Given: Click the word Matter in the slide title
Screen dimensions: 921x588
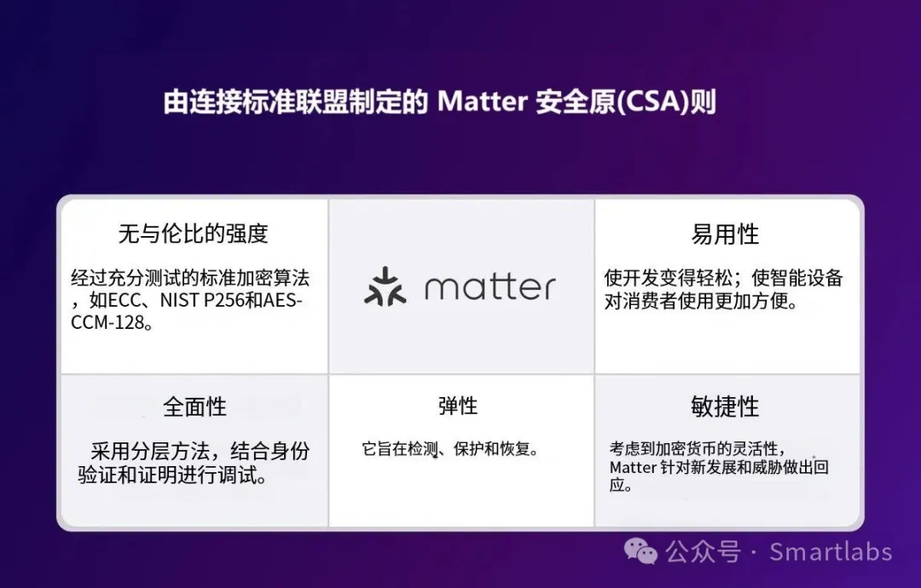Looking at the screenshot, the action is coord(482,101).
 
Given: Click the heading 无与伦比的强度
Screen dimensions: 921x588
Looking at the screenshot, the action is coord(194,233).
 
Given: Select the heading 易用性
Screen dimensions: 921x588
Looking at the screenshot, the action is coord(726,234).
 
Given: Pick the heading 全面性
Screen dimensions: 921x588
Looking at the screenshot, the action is coord(194,406).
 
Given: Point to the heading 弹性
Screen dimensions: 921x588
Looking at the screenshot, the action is coord(458,406).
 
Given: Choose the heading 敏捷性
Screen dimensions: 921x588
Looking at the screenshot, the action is coord(726,406).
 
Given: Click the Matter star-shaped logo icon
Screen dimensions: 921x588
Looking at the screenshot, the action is coord(385,286).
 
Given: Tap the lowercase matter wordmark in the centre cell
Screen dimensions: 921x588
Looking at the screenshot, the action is coord(489,287).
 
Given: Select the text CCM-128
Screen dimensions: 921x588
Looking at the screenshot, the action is coord(107,323).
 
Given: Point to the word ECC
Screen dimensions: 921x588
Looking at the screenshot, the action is coord(125,301).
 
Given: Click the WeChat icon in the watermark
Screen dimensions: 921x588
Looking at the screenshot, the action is coord(640,551).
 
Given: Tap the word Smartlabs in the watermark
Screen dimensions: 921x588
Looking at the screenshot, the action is coord(831,552).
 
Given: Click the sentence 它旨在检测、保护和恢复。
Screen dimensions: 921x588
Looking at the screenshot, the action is coord(450,449).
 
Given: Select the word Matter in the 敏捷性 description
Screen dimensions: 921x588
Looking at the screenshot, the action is coord(633,468).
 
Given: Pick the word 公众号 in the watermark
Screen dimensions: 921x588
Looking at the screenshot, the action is coord(703,552).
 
